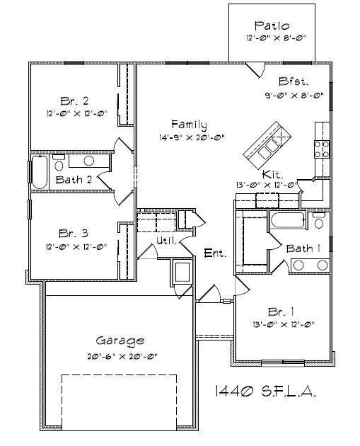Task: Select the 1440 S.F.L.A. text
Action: coord(264,390)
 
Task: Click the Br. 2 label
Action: coord(73,100)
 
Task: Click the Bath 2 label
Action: coord(74,179)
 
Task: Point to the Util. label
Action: coord(166,241)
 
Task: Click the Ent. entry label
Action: coord(215,253)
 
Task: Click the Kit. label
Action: coord(274,173)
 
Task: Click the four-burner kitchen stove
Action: coord(322,148)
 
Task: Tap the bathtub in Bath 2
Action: coord(38,172)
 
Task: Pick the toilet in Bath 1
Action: coord(319,222)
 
